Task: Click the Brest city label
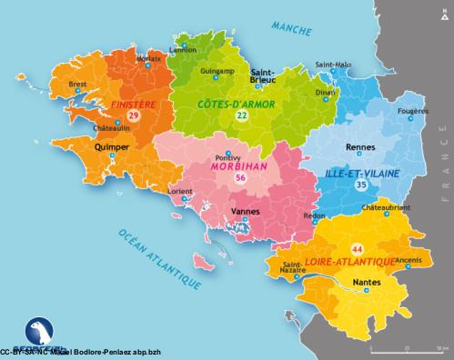pyautogui.click(x=76, y=85)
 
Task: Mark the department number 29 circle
pyautogui.click(x=133, y=117)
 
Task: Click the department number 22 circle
pyautogui.click(x=240, y=117)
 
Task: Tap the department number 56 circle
pyautogui.click(x=240, y=180)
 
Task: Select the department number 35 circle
pyautogui.click(x=361, y=185)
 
